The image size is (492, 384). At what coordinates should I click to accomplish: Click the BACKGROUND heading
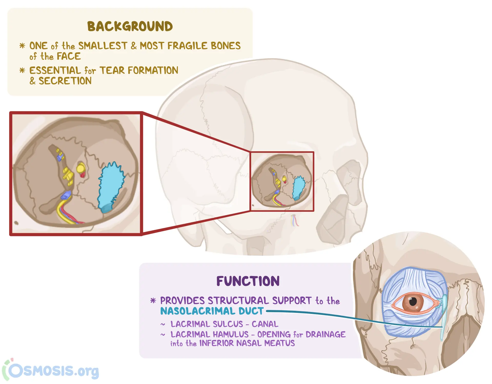click(x=130, y=26)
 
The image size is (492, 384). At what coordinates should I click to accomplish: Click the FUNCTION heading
click(x=248, y=281)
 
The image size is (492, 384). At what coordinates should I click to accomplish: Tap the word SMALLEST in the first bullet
click(x=103, y=46)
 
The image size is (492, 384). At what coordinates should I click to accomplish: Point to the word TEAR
click(x=112, y=70)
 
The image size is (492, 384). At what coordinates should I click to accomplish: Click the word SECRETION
click(x=65, y=81)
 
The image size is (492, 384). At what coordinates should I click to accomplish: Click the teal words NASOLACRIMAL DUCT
click(x=212, y=311)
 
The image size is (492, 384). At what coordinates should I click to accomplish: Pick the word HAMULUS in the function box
click(x=231, y=334)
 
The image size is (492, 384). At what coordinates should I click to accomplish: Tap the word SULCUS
click(x=228, y=324)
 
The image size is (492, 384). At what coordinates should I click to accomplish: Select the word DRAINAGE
click(x=325, y=334)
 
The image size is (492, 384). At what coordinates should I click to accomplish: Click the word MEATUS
click(x=280, y=343)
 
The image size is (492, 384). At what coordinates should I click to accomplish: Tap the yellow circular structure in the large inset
click(x=81, y=168)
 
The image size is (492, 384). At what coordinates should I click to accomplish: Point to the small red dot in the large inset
click(x=82, y=175)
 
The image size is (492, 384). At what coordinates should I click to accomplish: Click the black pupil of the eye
click(x=413, y=302)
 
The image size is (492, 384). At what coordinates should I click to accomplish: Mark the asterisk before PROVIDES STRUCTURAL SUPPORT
click(x=153, y=301)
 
